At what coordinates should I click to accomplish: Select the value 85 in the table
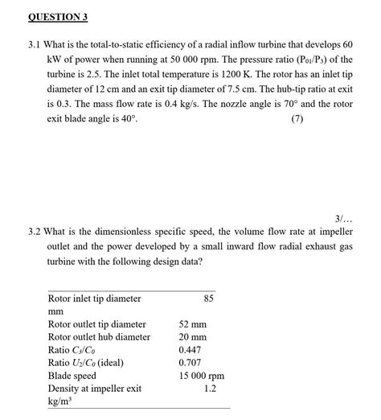click(209, 299)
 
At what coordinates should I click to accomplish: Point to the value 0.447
click(190, 350)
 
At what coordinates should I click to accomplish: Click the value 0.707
click(190, 363)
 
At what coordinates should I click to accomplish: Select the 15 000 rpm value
click(201, 376)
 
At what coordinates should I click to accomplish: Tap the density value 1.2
click(211, 389)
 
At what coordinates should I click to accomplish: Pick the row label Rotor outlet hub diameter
click(99, 337)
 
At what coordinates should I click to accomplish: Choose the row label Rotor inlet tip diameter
click(94, 299)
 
